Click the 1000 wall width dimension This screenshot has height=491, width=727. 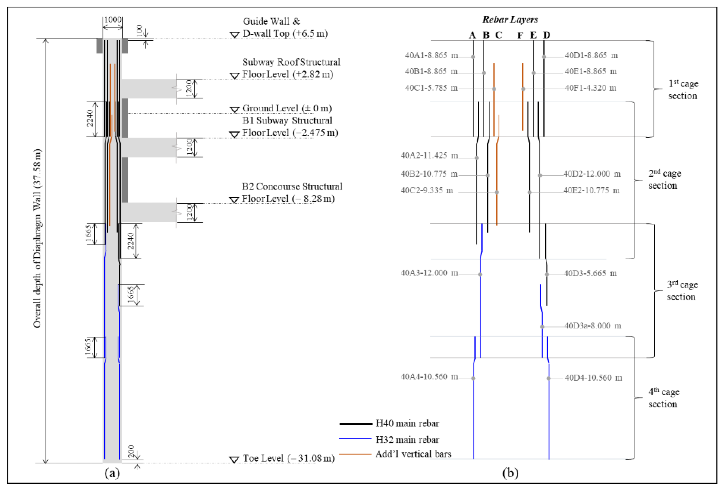tap(113, 20)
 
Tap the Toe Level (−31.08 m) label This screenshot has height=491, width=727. tap(288, 458)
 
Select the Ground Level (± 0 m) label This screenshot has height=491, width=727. tap(287, 108)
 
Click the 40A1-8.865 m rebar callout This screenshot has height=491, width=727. tap(431, 56)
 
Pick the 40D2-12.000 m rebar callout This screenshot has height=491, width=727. tap(592, 174)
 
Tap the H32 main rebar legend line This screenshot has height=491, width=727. tap(355, 439)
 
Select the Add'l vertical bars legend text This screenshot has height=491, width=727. tap(413, 454)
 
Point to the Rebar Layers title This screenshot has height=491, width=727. tap(510, 19)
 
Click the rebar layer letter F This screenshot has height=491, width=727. tap(520, 36)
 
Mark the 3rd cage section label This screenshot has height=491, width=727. tap(682, 291)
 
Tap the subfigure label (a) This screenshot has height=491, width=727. tap(112, 473)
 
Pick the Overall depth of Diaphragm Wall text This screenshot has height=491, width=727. tap(37, 238)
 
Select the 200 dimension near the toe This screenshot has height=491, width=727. tap(131, 451)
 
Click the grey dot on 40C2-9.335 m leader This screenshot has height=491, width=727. tap(497, 192)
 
